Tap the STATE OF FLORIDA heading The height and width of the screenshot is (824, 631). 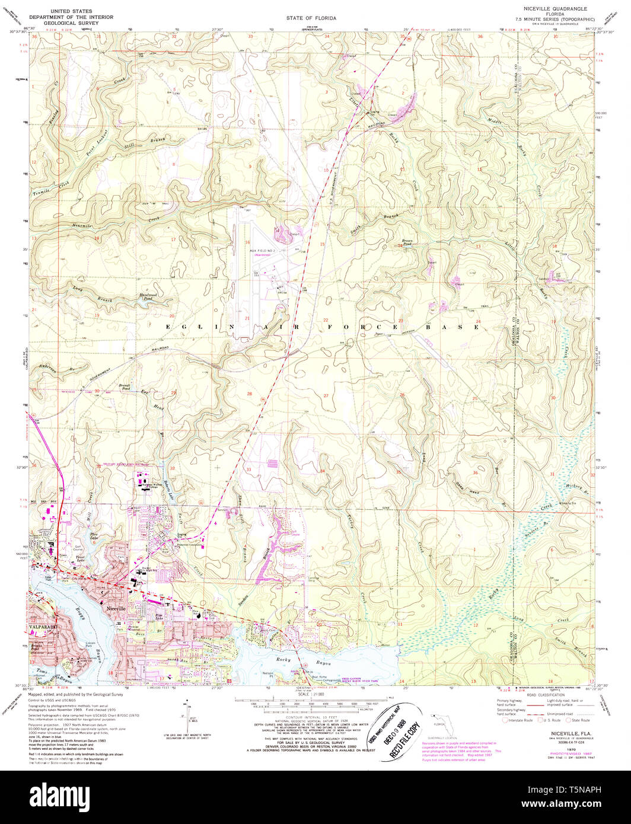(311, 18)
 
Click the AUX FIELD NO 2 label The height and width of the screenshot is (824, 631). (260, 251)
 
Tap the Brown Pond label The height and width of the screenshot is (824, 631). (407, 242)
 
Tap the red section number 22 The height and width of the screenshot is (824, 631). (326, 320)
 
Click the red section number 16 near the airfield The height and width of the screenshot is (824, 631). (247, 242)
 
